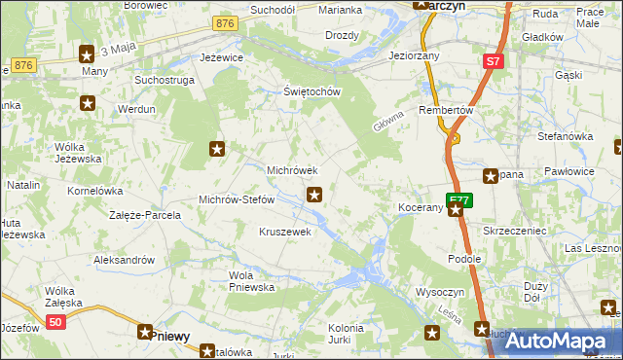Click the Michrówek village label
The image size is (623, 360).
coord(293,170)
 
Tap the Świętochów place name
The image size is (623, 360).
coord(311,92)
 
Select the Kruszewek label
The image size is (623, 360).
coord(284,232)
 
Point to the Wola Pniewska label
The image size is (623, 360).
coord(251,281)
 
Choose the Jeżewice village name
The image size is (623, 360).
coord(222,57)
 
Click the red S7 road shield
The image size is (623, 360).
coord(494,61)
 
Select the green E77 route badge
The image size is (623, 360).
coord(459,200)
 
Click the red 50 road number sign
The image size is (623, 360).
coord(55,322)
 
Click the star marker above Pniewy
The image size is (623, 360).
coord(146,332)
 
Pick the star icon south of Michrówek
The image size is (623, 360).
coord(313,195)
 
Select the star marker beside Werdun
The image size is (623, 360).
coord(89,102)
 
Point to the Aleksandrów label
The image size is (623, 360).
coord(124,260)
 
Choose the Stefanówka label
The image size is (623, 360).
coord(564,137)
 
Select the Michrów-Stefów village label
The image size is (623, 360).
coord(237,199)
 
